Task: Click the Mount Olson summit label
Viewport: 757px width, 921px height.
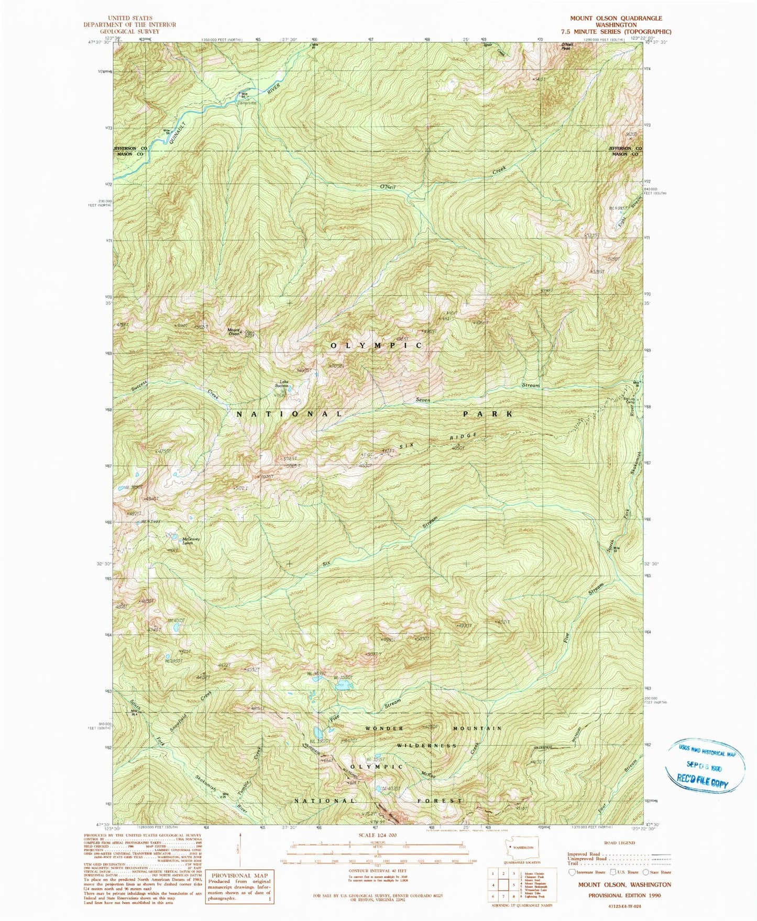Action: click(234, 332)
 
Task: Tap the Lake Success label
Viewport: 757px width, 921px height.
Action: click(284, 384)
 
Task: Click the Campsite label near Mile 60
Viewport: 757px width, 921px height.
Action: click(247, 103)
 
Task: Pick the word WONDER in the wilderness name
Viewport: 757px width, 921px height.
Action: click(385, 728)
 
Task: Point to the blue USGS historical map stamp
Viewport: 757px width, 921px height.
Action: click(704, 766)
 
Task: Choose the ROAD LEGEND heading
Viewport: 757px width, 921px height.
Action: click(620, 843)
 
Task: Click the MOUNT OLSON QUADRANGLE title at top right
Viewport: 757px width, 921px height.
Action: click(616, 18)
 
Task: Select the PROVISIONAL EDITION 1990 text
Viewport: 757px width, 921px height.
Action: click(624, 895)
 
